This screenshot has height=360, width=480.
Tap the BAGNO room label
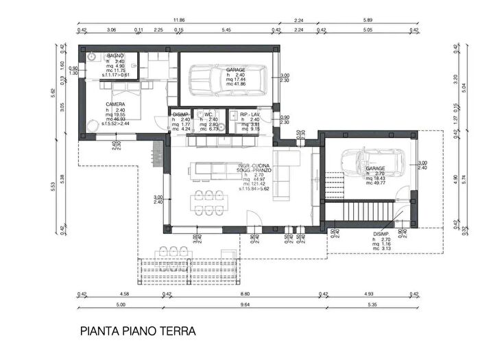pos(115,54)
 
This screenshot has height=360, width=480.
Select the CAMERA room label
pos(115,105)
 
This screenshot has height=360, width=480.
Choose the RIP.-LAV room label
pos(250,115)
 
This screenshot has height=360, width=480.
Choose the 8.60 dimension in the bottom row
pos(245,294)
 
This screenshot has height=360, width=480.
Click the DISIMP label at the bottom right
pos(381,233)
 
